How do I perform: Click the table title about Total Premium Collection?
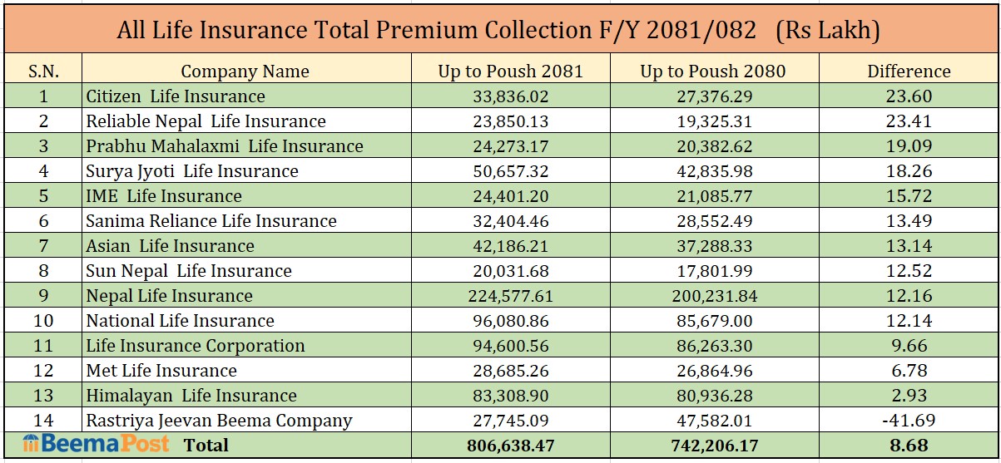point(498,31)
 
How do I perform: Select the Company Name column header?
point(245,71)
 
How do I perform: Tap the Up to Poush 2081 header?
point(510,71)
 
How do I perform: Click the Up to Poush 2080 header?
point(712,71)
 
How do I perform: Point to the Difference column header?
point(909,71)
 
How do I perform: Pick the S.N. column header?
point(43,71)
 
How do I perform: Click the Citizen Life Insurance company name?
point(176,96)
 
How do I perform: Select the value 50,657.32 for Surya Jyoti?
point(510,171)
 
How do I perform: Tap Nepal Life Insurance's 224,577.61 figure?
point(510,296)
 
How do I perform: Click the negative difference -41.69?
point(909,421)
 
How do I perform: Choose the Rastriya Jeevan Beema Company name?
point(219,421)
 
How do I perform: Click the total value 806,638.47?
point(510,446)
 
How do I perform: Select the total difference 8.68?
point(909,446)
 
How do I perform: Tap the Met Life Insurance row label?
point(161,371)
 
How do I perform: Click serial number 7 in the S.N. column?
point(43,246)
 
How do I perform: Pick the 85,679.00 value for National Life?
point(712,321)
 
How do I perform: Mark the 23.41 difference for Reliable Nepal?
point(909,121)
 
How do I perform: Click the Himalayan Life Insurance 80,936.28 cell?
point(712,396)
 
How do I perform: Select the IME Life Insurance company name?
point(164,196)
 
